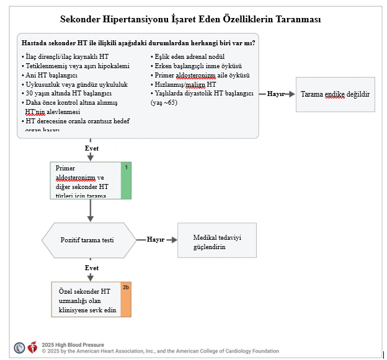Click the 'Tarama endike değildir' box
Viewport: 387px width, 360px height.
pyautogui.click(x=335, y=94)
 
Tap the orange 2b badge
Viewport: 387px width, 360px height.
pyautogui.click(x=126, y=288)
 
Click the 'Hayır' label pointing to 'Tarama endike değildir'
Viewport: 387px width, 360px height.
pyautogui.click(x=276, y=94)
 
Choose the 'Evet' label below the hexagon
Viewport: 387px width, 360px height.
pyautogui.click(x=91, y=268)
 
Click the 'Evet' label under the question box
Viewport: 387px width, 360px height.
pyautogui.click(x=91, y=148)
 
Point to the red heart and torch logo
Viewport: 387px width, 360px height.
pyautogui.click(x=33, y=348)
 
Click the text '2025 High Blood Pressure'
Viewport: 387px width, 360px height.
pyautogui.click(x=73, y=345)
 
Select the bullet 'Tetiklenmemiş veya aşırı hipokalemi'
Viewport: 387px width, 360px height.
pyautogui.click(x=77, y=66)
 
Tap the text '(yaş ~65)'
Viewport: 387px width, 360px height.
pyautogui.click(x=164, y=102)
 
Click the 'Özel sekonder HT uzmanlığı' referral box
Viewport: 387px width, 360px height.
pyautogui.click(x=87, y=300)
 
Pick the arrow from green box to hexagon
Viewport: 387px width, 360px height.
pyautogui.click(x=91, y=211)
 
